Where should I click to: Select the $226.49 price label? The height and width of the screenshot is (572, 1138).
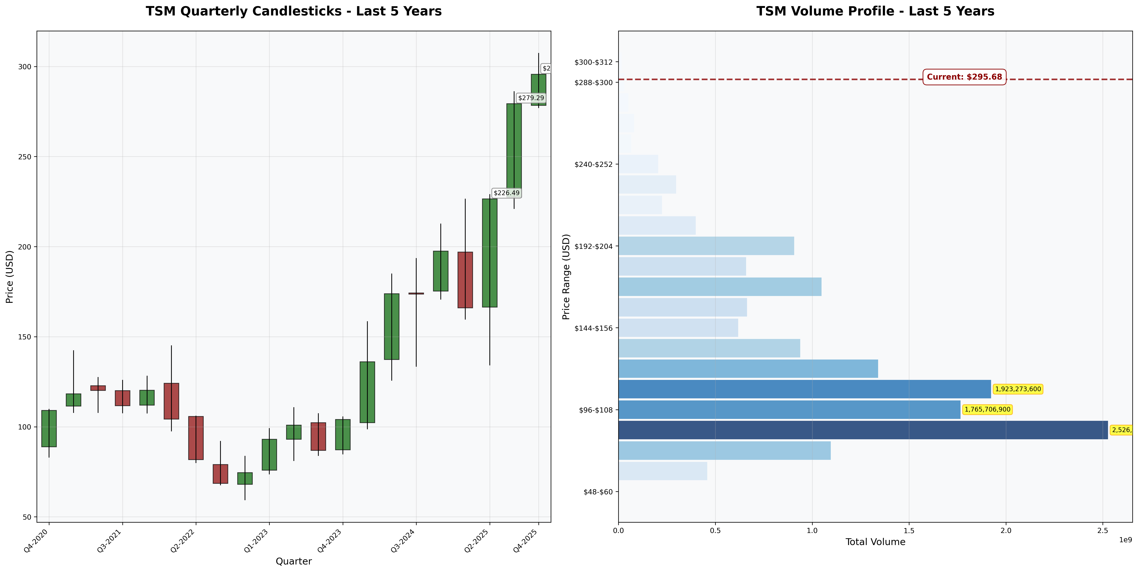point(506,193)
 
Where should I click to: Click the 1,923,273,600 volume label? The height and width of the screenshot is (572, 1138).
point(1018,389)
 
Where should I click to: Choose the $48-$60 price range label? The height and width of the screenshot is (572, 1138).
point(598,492)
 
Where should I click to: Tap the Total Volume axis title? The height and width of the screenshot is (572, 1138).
point(875,542)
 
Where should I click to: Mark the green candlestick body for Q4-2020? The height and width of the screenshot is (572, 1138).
point(49,429)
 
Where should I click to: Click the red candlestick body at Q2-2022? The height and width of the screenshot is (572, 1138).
point(196,438)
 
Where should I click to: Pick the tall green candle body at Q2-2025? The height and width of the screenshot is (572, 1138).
point(489,253)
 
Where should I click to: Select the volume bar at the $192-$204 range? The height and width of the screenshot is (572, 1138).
point(706,246)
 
